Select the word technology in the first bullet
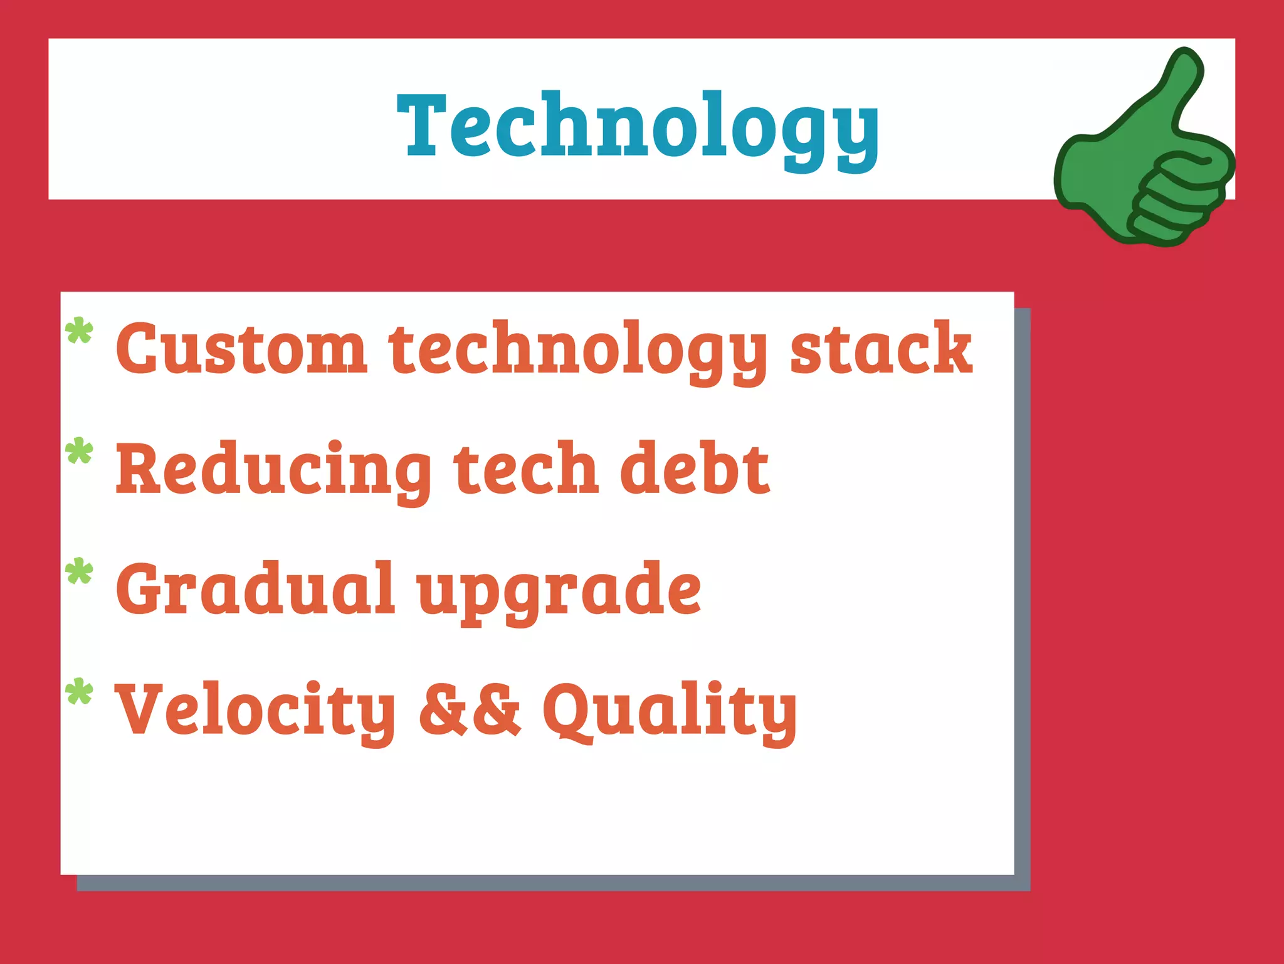click(x=577, y=350)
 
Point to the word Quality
click(x=670, y=711)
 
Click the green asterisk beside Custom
click(x=79, y=331)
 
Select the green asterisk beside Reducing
click(x=79, y=451)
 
